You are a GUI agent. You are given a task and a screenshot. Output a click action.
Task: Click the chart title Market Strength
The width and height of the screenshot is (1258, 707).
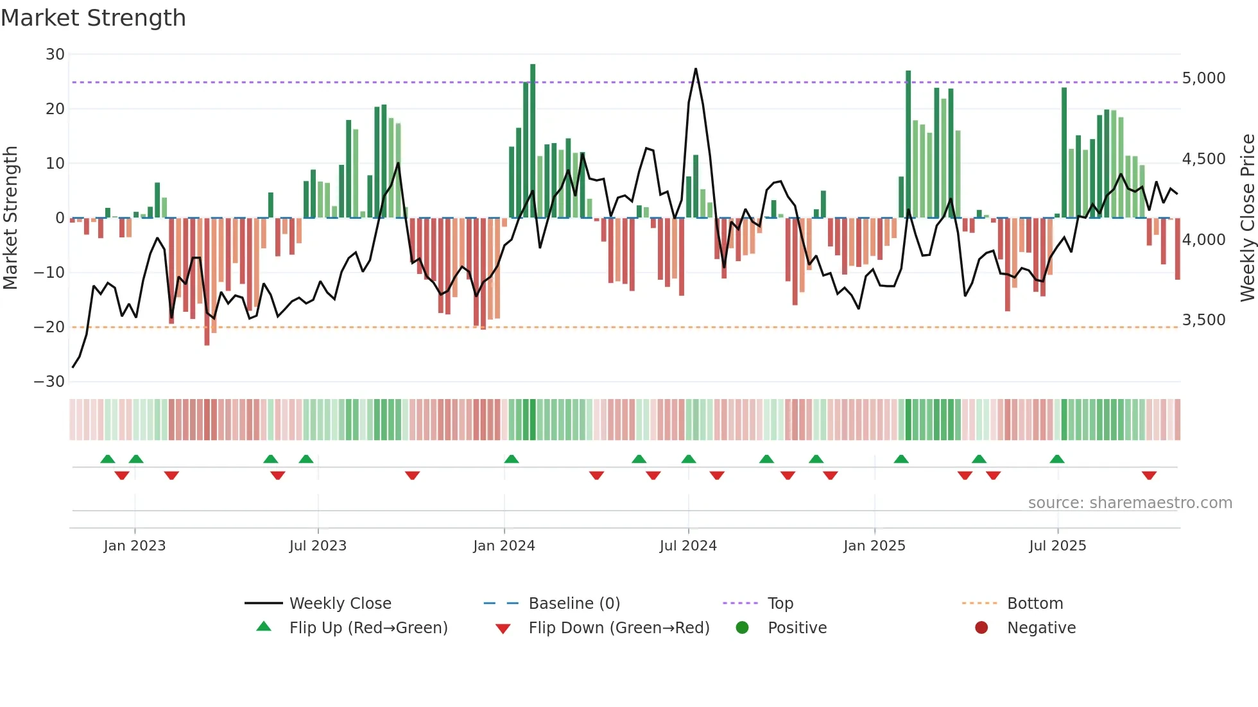click(93, 18)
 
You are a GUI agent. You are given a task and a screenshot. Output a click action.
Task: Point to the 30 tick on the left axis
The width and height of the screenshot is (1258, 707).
click(55, 55)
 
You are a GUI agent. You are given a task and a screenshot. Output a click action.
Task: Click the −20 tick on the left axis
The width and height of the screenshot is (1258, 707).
click(49, 327)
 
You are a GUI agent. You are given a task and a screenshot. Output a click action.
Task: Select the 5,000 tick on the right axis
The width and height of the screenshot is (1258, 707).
click(1203, 78)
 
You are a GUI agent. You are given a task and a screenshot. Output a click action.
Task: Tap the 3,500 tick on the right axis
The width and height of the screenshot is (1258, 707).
click(1203, 320)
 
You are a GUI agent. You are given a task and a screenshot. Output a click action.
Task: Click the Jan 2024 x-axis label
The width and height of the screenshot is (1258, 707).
click(504, 546)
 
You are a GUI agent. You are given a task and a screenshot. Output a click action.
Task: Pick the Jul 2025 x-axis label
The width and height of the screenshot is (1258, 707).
click(1057, 546)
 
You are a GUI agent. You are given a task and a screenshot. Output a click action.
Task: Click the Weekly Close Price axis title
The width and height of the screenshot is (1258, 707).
click(1247, 218)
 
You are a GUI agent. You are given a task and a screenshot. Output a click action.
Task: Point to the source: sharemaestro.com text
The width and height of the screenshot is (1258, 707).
click(1130, 503)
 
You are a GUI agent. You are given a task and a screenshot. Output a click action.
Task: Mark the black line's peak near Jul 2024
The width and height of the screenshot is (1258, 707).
click(696, 69)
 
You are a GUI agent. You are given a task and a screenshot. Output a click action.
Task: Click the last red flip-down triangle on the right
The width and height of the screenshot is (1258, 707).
click(1149, 475)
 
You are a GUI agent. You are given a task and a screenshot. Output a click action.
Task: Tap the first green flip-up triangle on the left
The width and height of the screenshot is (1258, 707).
click(108, 459)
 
